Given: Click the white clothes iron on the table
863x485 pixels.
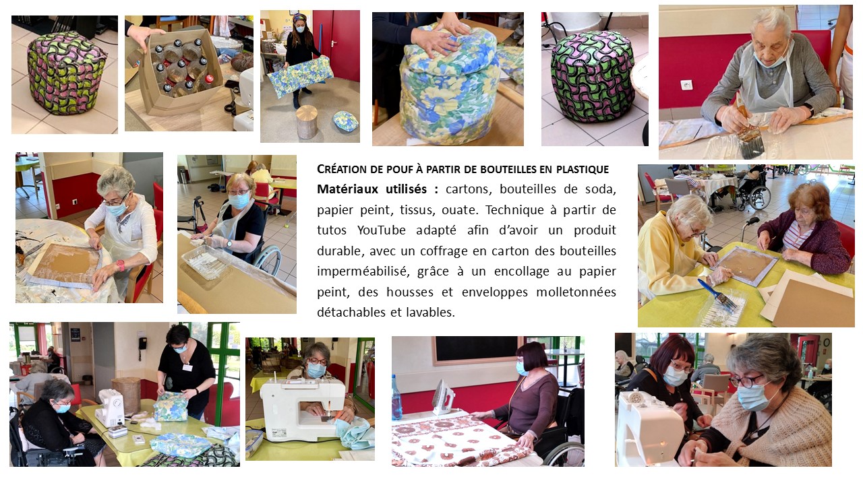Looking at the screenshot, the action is coord(444,397).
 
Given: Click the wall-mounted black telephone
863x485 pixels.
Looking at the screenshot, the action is coord(142,344).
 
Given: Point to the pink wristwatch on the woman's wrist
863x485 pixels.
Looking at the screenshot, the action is coord(121,265).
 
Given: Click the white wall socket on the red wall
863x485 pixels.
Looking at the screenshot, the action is coord(686,85).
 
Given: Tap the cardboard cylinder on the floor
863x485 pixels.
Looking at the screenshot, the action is coord(307,122).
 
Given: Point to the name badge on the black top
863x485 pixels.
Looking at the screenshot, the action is coord(187,367).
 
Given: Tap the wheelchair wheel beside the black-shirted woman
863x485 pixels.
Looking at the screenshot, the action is coord(268,260).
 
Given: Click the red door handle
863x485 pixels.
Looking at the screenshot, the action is coord(332,43).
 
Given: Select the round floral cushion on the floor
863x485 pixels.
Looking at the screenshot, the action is coord(346,121).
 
